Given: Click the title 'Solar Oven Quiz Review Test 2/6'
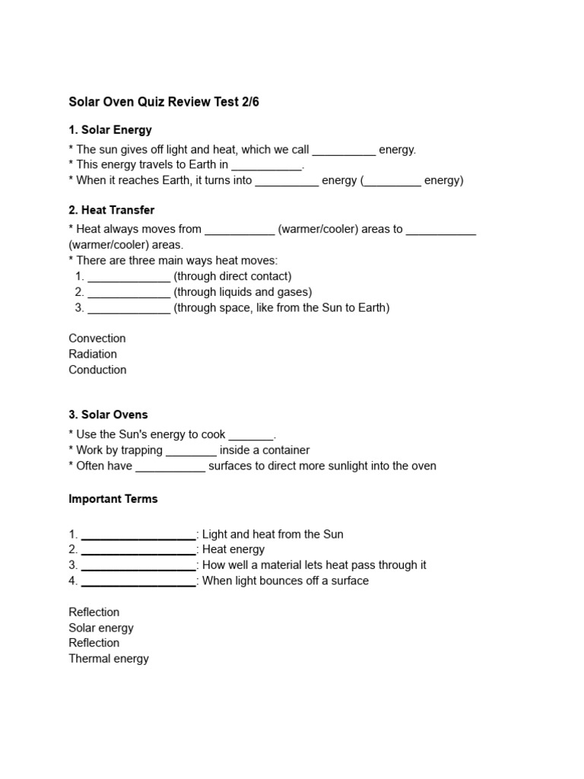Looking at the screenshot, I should (163, 102).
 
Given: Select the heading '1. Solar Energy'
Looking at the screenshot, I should (110, 130).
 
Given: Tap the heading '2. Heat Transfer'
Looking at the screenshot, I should (112, 210).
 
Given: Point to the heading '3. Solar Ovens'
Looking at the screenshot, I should (108, 415).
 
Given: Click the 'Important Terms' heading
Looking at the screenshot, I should (113, 499).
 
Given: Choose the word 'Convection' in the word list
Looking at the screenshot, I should (97, 339).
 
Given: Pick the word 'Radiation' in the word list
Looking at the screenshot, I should (93, 354).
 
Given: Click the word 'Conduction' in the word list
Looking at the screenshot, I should (97, 370).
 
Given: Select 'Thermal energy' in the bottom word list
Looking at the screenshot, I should (109, 659).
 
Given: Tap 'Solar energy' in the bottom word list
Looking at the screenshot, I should (101, 628).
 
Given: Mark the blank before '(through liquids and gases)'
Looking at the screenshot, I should (129, 293).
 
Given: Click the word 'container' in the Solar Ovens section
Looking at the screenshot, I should (284, 450).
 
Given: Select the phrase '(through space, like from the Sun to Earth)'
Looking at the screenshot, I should (281, 308).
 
